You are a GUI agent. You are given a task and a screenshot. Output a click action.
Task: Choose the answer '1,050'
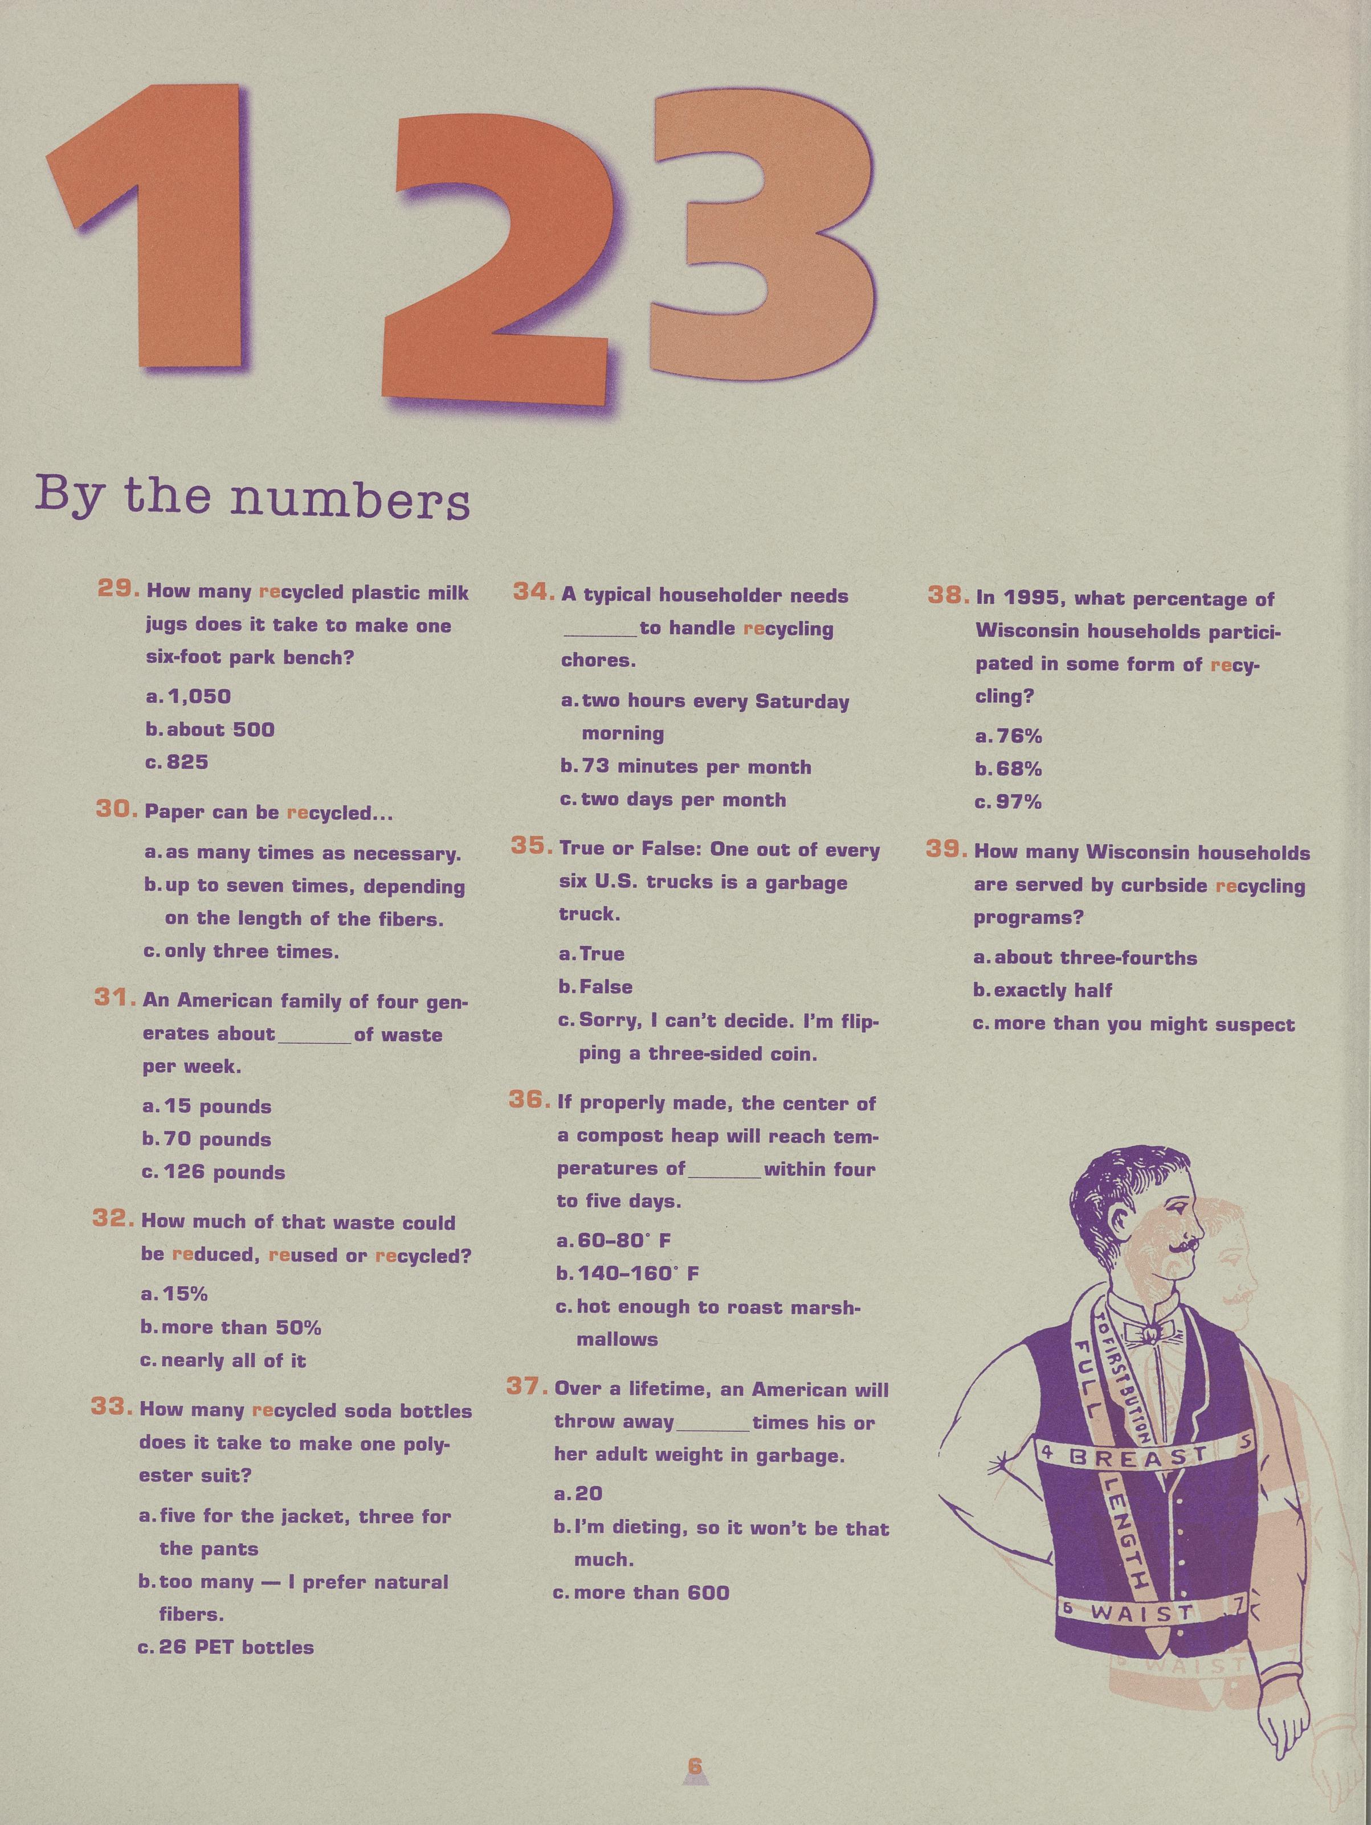coord(199,696)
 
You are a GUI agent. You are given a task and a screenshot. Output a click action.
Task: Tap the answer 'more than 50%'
coord(241,1327)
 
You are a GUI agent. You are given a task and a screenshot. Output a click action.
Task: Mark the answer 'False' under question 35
coord(606,987)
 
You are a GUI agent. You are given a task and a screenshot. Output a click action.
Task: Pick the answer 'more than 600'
coord(651,1592)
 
